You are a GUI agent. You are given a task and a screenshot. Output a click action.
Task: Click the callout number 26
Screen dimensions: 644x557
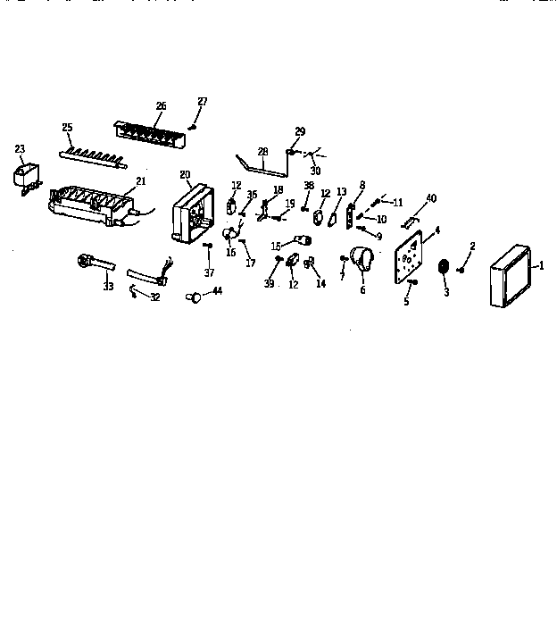point(161,106)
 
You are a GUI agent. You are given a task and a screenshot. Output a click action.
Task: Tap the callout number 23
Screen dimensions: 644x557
point(20,149)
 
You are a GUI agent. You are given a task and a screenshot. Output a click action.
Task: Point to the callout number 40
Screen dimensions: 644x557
point(431,197)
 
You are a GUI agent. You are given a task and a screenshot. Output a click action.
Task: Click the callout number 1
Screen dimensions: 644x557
point(539,265)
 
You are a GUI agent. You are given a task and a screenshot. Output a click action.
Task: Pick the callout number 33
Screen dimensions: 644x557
point(108,286)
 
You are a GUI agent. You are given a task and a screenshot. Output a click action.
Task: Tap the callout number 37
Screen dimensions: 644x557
point(211,272)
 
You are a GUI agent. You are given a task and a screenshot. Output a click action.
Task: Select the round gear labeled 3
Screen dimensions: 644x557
point(443,268)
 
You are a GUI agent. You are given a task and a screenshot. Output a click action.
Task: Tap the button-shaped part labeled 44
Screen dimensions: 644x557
point(192,297)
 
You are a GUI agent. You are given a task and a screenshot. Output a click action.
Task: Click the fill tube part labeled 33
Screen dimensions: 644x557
point(93,263)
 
